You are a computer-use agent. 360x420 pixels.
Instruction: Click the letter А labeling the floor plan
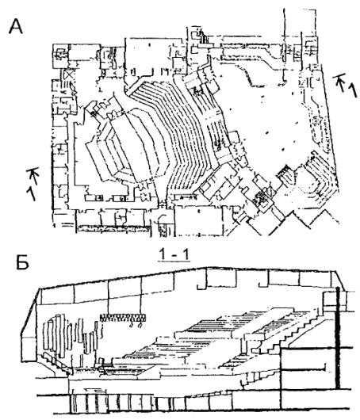(x=16, y=27)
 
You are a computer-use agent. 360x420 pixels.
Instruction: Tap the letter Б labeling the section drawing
(x=22, y=263)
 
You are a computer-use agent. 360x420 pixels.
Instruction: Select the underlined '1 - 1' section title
(x=174, y=255)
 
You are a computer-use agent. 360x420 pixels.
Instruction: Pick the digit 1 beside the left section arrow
(x=31, y=193)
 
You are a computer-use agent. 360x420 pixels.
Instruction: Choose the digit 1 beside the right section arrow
(x=353, y=90)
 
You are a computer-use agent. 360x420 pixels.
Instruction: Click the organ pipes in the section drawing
(x=72, y=335)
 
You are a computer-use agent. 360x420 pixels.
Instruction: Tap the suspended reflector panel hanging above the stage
(x=123, y=318)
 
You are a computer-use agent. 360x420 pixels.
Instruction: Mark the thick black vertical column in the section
(x=338, y=338)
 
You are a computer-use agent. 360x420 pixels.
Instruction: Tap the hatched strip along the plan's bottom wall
(x=113, y=228)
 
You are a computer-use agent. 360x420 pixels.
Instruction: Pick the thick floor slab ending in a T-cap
(x=304, y=371)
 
